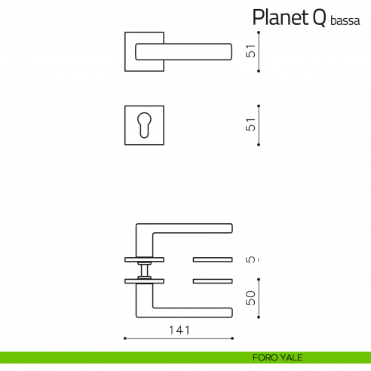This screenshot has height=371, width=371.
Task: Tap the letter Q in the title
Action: tap(320, 17)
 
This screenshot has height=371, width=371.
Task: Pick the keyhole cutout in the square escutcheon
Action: tap(144, 125)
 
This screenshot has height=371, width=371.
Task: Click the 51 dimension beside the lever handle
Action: tap(251, 51)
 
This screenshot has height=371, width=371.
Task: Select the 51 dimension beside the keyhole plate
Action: tap(251, 125)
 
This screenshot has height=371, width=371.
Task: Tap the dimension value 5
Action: tap(251, 260)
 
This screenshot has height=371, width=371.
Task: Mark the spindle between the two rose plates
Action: tap(144, 271)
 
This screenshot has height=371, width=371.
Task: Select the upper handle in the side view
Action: tap(185, 228)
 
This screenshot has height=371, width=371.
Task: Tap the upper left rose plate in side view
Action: tap(144, 260)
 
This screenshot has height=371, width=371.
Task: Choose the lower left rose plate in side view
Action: tap(144, 281)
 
